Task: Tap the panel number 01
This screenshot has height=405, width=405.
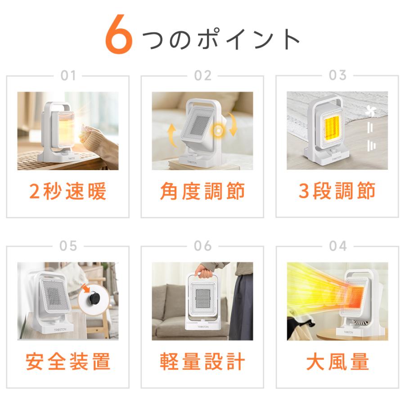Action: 68,76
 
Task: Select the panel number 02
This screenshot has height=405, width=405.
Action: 202,76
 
